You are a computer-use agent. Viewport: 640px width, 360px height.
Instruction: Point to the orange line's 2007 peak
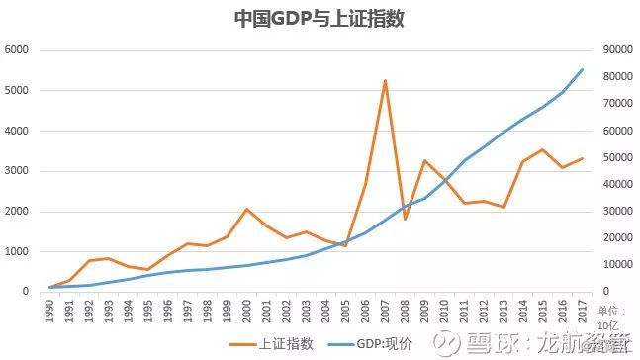coord(385,81)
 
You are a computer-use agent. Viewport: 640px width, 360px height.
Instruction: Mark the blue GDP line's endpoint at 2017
coord(582,69)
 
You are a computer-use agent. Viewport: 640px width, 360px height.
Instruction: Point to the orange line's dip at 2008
coord(405,219)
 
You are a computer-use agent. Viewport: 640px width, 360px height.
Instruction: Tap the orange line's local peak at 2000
coord(247,209)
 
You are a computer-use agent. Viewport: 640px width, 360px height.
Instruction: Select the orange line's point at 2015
coord(542,149)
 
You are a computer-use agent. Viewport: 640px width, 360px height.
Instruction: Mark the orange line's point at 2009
coord(424,160)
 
